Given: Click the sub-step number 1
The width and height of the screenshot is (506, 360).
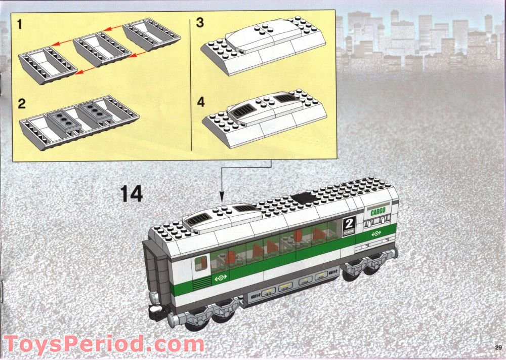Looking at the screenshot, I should [x=20, y=23].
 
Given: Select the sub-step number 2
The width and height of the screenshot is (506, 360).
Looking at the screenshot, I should [x=21, y=104].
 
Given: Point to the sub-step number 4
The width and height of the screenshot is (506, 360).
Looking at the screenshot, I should [x=200, y=102].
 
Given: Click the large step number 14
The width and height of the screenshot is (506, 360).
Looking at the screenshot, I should [x=132, y=194].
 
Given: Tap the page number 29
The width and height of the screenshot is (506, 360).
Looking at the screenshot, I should [x=498, y=347].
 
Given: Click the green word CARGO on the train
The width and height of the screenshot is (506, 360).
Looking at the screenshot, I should [x=377, y=212].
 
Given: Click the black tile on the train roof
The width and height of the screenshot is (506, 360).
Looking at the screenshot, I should [x=303, y=198].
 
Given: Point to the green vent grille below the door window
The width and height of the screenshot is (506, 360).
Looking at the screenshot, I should [x=201, y=282].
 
